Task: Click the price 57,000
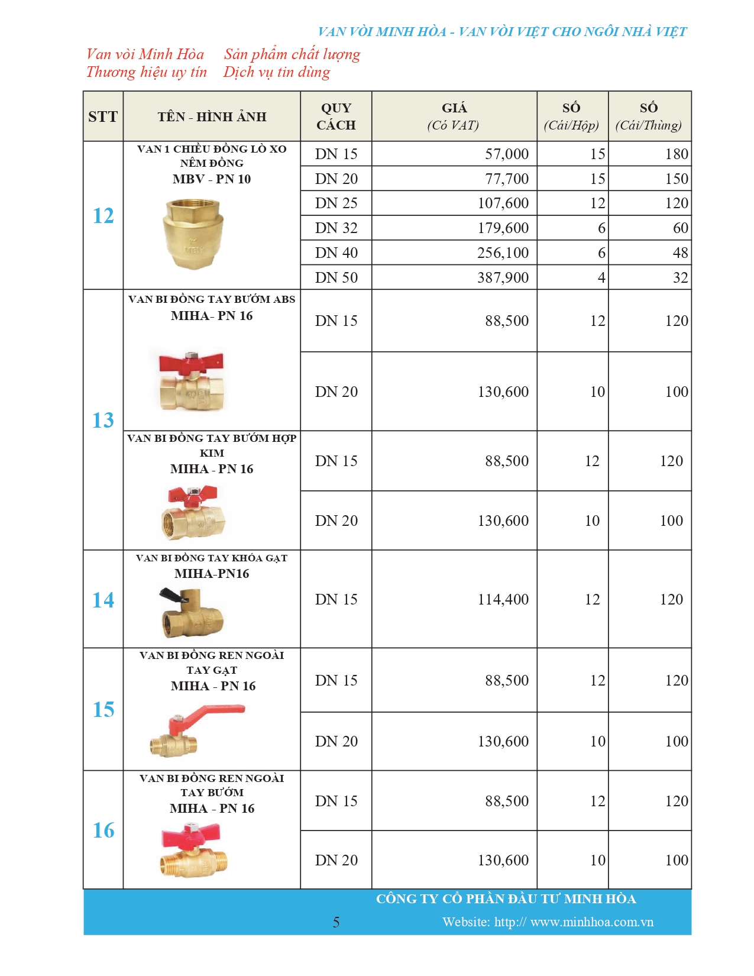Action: pyautogui.click(x=506, y=154)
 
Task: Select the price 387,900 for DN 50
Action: pyautogui.click(x=503, y=277)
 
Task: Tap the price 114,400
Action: pyautogui.click(x=503, y=599)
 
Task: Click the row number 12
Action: pyautogui.click(x=103, y=215)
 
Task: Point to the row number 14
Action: pyautogui.click(x=103, y=600)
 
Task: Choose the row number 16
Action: pyautogui.click(x=103, y=830)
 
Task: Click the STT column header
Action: pyautogui.click(x=103, y=117)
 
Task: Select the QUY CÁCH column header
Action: pyautogui.click(x=336, y=117)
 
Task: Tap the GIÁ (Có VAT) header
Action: pyautogui.click(x=454, y=117)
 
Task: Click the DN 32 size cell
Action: pyautogui.click(x=336, y=228)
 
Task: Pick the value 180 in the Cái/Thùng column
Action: pyautogui.click(x=676, y=154)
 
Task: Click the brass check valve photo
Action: pyautogui.click(x=193, y=232)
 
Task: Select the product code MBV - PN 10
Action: pyautogui.click(x=212, y=179)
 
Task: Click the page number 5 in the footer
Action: pyautogui.click(x=336, y=922)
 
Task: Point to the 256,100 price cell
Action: pyautogui.click(x=503, y=253)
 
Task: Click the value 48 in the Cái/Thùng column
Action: pyautogui.click(x=680, y=253)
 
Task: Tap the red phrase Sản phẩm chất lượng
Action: pyautogui.click(x=292, y=54)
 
